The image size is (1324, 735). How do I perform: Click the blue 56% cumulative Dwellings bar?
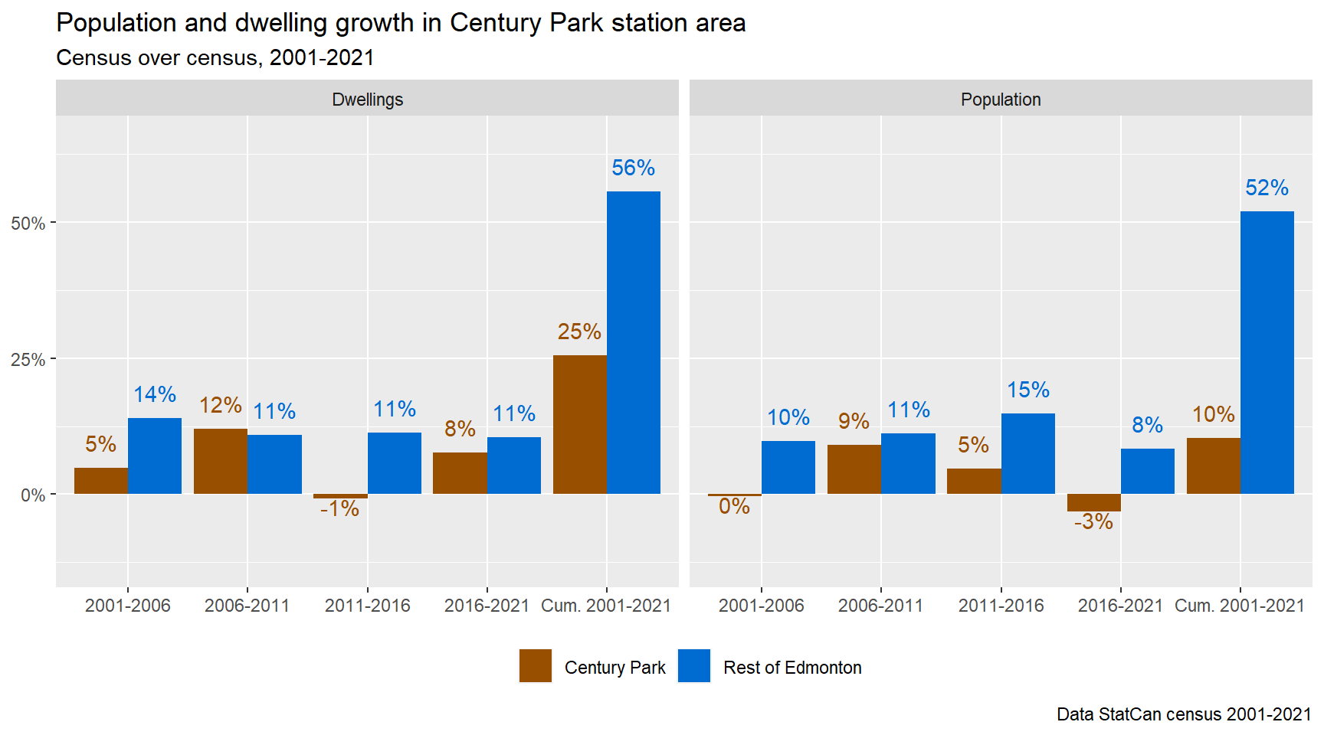[x=633, y=342]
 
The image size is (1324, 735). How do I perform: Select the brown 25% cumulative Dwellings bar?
[x=579, y=424]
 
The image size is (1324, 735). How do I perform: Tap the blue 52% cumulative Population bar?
[x=1267, y=352]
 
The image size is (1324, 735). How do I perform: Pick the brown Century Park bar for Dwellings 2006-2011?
[x=221, y=461]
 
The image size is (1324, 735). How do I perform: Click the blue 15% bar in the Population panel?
[x=1027, y=453]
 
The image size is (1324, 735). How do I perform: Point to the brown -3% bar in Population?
[x=1093, y=502]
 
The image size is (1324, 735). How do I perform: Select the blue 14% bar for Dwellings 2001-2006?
[x=155, y=456]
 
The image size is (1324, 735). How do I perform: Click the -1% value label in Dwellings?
[x=339, y=509]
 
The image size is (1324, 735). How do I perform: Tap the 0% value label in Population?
[x=734, y=506]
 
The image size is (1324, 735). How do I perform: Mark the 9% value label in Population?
[x=854, y=421]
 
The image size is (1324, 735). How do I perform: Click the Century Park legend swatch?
[x=535, y=665]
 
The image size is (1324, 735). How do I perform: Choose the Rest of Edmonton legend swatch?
[x=694, y=665]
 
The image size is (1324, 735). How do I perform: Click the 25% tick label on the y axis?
[x=28, y=360]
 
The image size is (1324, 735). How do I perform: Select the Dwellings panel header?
[x=367, y=100]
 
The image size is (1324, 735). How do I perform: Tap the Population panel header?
[x=1001, y=100]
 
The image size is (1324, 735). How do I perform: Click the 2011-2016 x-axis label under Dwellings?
[x=367, y=606]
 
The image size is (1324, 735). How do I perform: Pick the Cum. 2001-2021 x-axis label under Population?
[x=1239, y=606]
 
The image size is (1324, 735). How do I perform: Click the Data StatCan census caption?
[x=1183, y=714]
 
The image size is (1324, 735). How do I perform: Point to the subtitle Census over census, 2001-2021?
[x=215, y=57]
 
